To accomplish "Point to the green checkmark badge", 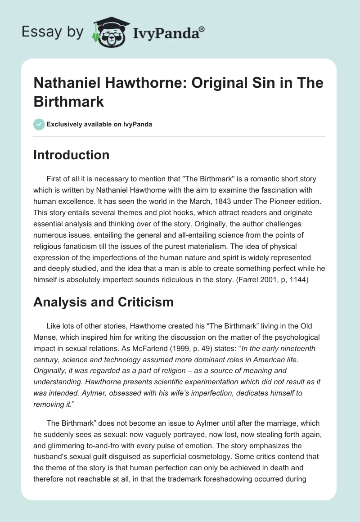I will [x=39, y=124].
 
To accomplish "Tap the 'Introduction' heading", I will [x=71, y=155].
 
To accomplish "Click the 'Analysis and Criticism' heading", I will [x=103, y=301].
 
